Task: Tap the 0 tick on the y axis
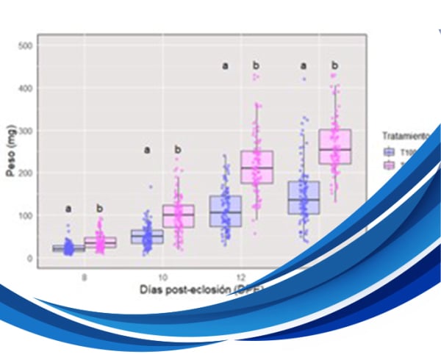click(29, 259)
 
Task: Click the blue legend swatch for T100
click(389, 151)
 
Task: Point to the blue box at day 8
click(68, 248)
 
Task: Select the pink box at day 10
click(178, 216)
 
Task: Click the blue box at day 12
click(226, 211)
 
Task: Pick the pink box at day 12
click(257, 168)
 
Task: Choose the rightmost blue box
click(304, 197)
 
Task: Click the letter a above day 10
click(146, 151)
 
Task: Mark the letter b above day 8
click(100, 208)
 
